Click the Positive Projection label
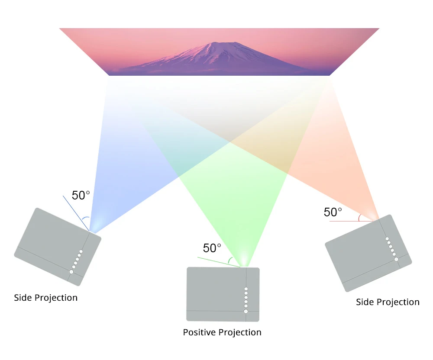pos(222,332)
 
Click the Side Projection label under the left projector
pos(45,298)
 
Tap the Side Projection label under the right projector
pos(388,302)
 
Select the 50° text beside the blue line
pos(81,195)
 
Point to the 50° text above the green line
pos(212,248)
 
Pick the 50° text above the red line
pos(333,212)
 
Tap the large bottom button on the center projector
pos(246,311)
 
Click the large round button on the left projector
pos(71,272)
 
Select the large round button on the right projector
pos(396,259)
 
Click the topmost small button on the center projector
pos(246,289)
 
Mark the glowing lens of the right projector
pos(372,217)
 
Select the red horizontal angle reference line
pos(346,221)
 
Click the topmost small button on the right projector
pos(387,239)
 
